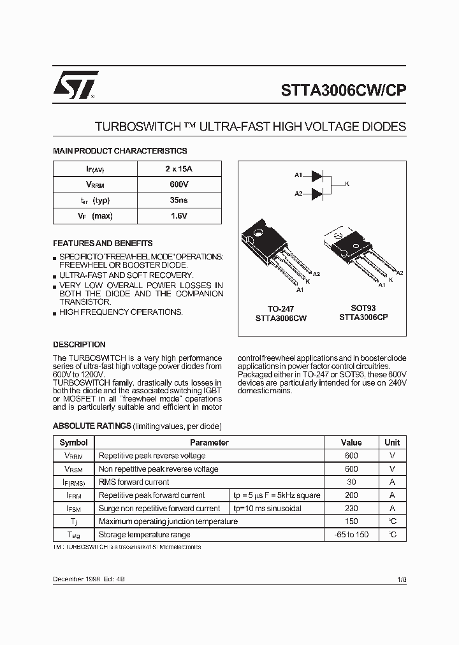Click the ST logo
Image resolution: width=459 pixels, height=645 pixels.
[x=75, y=84]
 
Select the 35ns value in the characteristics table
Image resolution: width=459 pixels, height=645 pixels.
[x=179, y=200]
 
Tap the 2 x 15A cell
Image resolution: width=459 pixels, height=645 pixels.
[x=179, y=169]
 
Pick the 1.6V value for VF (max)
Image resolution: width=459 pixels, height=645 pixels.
[x=179, y=216]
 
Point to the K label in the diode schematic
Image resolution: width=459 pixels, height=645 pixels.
[x=347, y=184]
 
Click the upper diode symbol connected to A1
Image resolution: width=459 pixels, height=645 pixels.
[x=317, y=175]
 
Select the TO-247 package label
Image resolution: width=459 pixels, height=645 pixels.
[x=280, y=309]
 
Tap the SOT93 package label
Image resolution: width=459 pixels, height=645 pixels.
[x=363, y=308]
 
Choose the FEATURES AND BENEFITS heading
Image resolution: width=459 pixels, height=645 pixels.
[x=103, y=243]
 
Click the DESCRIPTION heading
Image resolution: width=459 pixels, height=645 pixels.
[x=79, y=344]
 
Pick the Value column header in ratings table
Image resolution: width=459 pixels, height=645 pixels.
[x=351, y=442]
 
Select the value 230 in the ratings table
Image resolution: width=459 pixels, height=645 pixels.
[x=351, y=509]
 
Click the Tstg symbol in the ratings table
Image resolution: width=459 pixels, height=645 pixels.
[x=74, y=535]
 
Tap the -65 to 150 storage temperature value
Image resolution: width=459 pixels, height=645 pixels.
[x=351, y=535]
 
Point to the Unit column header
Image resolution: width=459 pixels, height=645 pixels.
[x=392, y=442]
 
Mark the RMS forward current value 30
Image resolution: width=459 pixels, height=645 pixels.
[x=351, y=482]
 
